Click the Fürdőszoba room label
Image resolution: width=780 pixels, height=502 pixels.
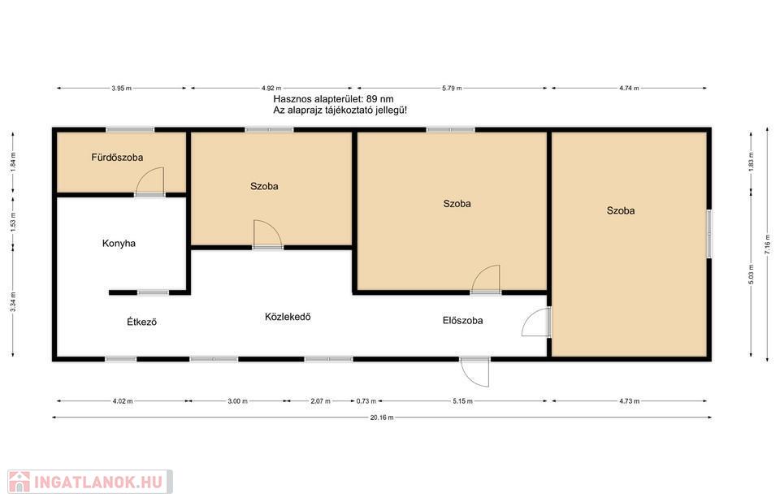coord(117,158)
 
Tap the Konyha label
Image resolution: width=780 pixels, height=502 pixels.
coord(119,244)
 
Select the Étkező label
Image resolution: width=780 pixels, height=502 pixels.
coord(141,322)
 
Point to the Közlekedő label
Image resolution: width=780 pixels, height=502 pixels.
coord(288,317)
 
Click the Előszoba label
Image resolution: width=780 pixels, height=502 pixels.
coord(462,320)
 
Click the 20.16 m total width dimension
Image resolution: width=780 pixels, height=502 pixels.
coord(382,418)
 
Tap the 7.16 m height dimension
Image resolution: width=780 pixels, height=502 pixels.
coord(766,245)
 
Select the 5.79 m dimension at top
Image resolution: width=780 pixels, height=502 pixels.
coord(452,88)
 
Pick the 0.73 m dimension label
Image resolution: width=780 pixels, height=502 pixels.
coord(366,400)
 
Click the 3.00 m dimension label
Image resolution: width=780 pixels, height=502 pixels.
coord(237,400)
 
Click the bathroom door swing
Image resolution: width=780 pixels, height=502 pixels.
coord(149,181)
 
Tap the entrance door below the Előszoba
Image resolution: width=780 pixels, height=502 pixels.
coord(474,372)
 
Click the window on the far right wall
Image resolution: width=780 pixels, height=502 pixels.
coord(709,234)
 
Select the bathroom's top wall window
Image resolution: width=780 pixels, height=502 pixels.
coord(130,130)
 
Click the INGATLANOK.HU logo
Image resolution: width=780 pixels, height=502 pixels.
coord(90,482)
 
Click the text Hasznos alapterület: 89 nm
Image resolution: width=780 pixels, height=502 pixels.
coord(333,99)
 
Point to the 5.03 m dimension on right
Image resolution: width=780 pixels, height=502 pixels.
coord(751,274)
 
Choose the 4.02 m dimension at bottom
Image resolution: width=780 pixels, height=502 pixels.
coord(123,400)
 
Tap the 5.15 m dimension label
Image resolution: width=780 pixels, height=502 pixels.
coord(462,400)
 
